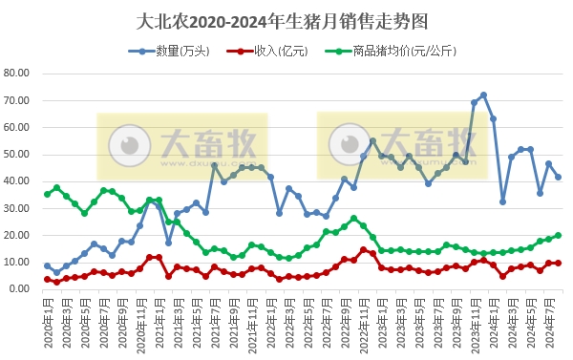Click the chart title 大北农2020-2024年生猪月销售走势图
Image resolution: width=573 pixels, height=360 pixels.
coord(286,18)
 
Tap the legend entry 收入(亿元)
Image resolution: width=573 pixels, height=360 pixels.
coord(271,50)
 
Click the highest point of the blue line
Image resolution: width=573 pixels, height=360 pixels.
coord(484,95)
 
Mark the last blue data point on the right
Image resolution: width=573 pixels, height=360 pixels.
coord(558,177)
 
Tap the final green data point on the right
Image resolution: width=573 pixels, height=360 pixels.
coord(558,235)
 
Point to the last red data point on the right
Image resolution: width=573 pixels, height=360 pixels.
coord(558,263)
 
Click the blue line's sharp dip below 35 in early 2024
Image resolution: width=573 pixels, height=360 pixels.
coord(502,201)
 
